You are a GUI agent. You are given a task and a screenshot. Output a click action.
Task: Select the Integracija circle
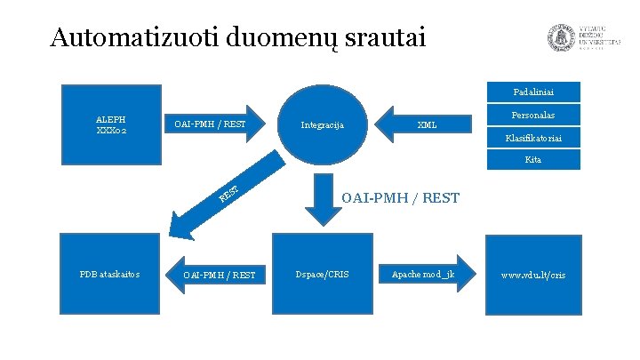pos(323,124)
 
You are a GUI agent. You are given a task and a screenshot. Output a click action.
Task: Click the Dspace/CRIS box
pos(322,274)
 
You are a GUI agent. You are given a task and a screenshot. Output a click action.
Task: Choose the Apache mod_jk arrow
pos(424,274)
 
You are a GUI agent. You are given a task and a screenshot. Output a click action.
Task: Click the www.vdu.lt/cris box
pos(532,274)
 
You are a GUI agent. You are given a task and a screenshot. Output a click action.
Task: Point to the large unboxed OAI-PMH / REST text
pos(401,197)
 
